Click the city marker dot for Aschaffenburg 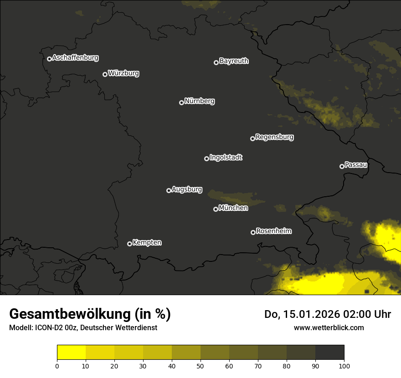[x=49, y=59]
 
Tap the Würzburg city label [x=123, y=73]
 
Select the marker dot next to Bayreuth [x=216, y=62]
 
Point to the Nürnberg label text [x=200, y=101]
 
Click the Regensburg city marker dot [x=252, y=138]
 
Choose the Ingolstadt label [x=226, y=158]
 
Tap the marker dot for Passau [x=342, y=166]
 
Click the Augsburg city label [x=187, y=189]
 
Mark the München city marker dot [x=216, y=209]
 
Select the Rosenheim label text [x=274, y=231]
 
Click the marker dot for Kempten [x=129, y=244]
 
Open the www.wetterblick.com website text [x=329, y=327]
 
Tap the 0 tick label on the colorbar [x=57, y=365]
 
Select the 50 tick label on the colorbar [x=200, y=365]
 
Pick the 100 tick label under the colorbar [x=344, y=365]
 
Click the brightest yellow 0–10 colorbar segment [x=72, y=352]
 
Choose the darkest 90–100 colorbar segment [x=329, y=352]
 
